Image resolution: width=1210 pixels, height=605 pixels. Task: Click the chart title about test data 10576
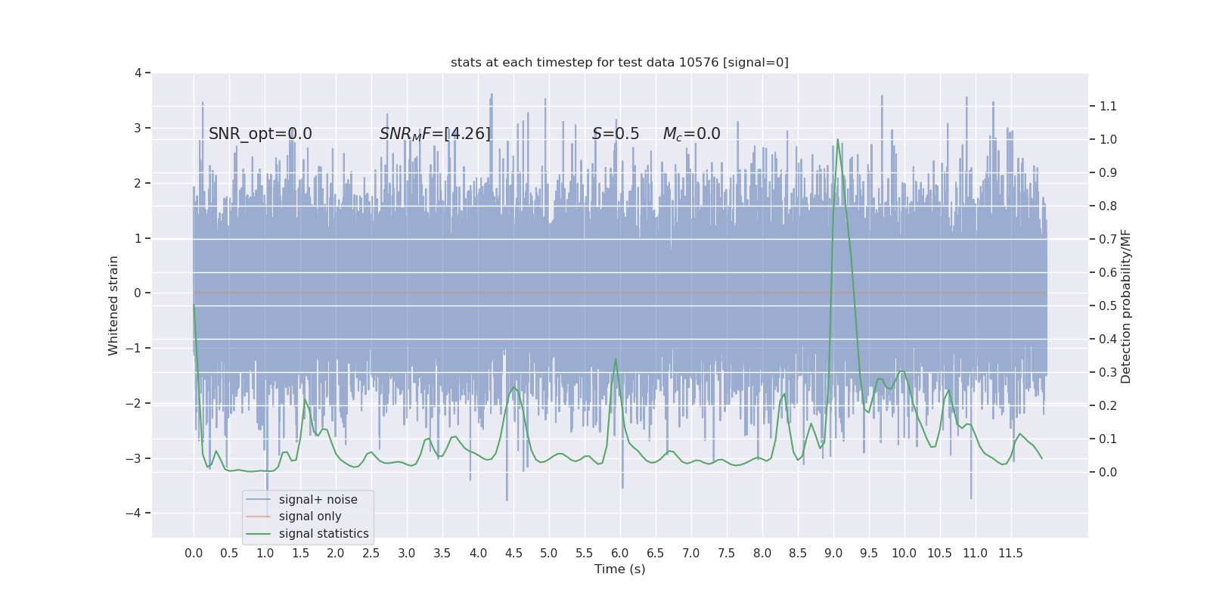click(619, 62)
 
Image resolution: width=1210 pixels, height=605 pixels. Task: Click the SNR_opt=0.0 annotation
click(260, 134)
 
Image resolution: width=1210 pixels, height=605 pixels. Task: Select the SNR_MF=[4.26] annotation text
click(435, 134)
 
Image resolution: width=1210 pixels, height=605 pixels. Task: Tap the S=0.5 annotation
click(615, 134)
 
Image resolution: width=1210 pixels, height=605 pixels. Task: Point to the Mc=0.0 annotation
click(691, 134)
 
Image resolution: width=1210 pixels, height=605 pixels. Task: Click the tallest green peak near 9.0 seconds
click(837, 140)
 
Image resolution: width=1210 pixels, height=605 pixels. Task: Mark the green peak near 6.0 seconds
click(616, 359)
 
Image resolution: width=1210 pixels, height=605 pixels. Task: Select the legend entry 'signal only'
click(309, 517)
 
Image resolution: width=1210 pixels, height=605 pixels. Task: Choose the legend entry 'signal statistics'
click(324, 534)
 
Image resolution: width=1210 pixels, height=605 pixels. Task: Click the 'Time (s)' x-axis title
click(619, 569)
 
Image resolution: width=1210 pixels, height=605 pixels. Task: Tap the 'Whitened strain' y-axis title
click(113, 306)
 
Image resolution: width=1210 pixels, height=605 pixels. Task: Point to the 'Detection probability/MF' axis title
click(1126, 306)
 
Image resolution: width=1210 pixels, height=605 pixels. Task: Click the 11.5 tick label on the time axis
click(1010, 553)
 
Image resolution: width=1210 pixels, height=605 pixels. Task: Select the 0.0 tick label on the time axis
click(194, 553)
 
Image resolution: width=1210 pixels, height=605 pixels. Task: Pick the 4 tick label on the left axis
click(138, 73)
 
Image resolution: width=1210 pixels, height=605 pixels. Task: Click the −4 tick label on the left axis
click(135, 513)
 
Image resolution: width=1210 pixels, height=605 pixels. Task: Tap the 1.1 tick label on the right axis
click(1108, 106)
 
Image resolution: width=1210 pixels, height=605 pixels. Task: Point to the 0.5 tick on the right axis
click(1108, 306)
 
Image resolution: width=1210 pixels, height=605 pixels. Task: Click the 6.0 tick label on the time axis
click(619, 553)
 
